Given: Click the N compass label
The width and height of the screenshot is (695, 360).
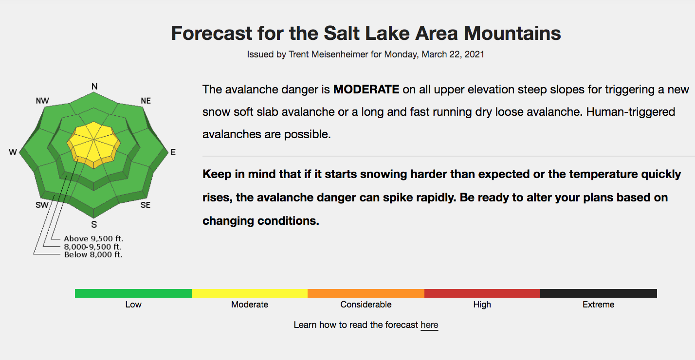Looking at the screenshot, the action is tap(94, 87).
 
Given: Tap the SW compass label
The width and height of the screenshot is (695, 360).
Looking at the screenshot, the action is tap(42, 205).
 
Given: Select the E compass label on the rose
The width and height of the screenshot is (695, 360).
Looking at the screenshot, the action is tap(173, 152).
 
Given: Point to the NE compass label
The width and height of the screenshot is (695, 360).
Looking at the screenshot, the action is tap(146, 101).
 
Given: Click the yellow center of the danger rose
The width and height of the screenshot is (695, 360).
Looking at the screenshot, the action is tap(94, 142).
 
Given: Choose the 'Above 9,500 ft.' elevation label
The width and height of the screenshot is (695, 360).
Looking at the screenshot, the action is tap(93, 238).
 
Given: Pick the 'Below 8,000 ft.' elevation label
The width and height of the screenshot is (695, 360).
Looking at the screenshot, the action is tap(93, 254).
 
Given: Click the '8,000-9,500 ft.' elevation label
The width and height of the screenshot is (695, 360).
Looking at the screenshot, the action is tap(92, 247).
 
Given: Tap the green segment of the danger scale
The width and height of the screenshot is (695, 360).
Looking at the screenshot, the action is tap(133, 293).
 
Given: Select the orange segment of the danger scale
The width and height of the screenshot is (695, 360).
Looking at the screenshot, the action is tap(366, 293).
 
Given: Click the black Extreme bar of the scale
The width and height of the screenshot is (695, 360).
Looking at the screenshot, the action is tap(599, 293).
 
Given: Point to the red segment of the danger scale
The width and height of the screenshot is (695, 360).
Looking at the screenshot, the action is tap(482, 293).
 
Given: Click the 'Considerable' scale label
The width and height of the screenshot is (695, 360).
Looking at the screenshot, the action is tap(366, 305).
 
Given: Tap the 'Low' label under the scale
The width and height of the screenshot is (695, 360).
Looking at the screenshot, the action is tap(133, 305).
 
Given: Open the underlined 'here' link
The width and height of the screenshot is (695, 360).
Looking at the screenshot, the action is tap(429, 325).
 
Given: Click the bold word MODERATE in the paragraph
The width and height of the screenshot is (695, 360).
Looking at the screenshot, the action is tap(366, 90).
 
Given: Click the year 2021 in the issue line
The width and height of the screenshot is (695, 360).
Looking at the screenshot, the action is tap(475, 54).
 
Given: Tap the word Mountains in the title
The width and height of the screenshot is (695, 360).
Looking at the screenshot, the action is tap(512, 33).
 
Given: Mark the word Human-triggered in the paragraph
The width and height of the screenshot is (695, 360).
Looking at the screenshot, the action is tap(630, 112).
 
